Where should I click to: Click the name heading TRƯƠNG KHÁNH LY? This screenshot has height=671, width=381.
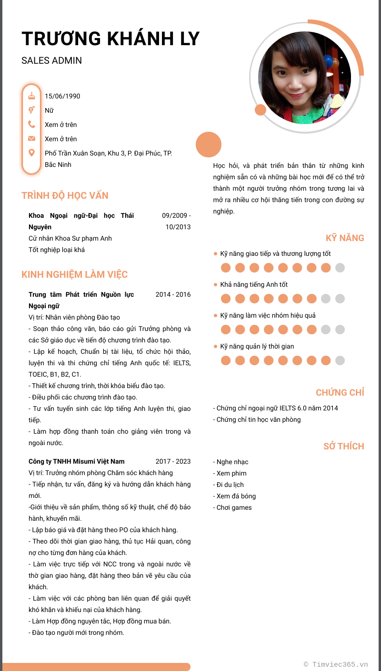pos(110,39)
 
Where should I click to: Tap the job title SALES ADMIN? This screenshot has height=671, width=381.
pos(51,60)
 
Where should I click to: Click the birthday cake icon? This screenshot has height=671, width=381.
pos(32,96)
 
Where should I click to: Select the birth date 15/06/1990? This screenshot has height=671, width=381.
pos(62,96)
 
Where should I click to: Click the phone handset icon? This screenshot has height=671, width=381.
pos(32,124)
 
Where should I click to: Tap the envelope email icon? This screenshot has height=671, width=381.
pos(32,138)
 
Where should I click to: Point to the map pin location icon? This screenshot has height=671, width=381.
pos(32,153)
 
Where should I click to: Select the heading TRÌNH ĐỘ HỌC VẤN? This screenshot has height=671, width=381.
pos(65,195)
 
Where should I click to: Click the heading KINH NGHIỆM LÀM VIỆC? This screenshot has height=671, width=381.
pos(74,274)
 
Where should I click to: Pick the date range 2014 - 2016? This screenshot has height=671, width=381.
pos(173,294)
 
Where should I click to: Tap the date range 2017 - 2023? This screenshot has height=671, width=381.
pos(173,461)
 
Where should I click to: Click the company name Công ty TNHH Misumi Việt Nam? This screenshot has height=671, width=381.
pos(76,461)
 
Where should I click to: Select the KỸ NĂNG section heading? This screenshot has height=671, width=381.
pos(345,238)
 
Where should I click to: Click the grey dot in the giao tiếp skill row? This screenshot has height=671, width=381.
pos(340,268)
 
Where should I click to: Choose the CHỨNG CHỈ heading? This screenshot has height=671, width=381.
pos(340,392)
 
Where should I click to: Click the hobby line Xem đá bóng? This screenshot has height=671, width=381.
pos(236,496)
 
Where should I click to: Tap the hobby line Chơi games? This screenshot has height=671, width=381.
pos(234,507)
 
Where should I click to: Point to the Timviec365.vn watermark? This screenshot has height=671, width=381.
pos(336,664)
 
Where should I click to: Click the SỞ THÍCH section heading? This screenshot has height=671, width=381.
pos(343,446)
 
